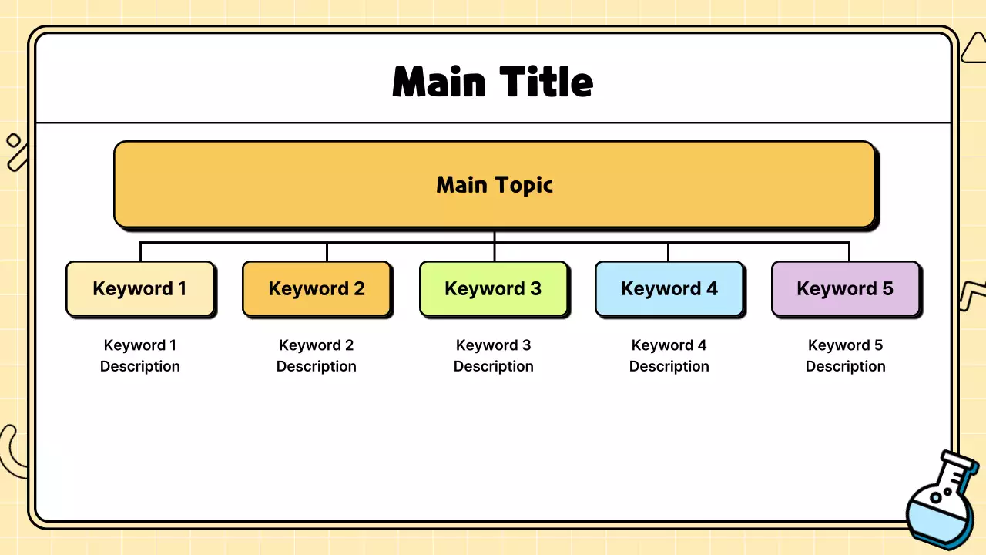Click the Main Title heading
pyautogui.click(x=493, y=82)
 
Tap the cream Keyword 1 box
pyautogui.click(x=139, y=289)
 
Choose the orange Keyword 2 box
pyautogui.click(x=317, y=289)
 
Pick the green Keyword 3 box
pyautogui.click(x=493, y=289)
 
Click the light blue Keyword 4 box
pyautogui.click(x=669, y=289)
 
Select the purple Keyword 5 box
pyautogui.click(x=845, y=289)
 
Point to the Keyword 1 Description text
pyautogui.click(x=139, y=355)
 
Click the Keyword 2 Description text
pyautogui.click(x=317, y=355)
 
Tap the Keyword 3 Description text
pyautogui.click(x=493, y=355)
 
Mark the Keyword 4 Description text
pyautogui.click(x=669, y=355)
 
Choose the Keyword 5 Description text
pyautogui.click(x=845, y=355)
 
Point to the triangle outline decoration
pyautogui.click(x=974, y=49)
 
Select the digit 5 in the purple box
pyautogui.click(x=887, y=289)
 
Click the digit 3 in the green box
pyautogui.click(x=535, y=289)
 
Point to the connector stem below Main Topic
pyautogui.click(x=495, y=236)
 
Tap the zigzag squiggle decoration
pyautogui.click(x=972, y=295)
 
